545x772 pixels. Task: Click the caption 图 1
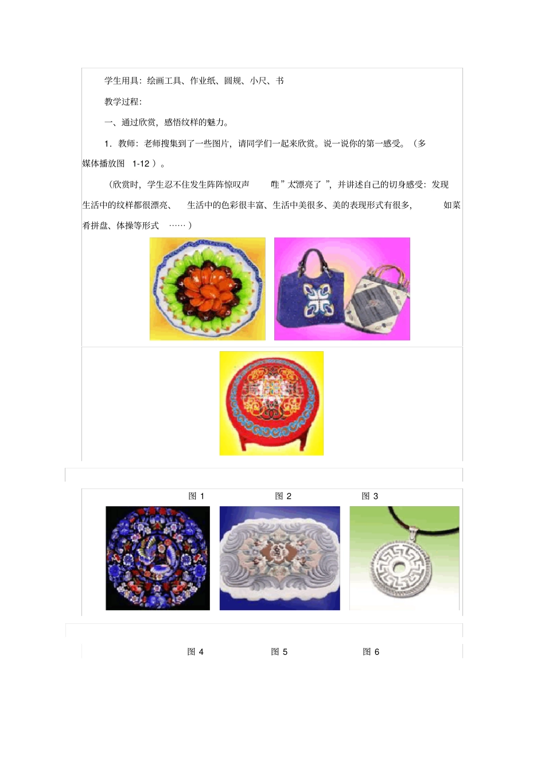click(x=196, y=496)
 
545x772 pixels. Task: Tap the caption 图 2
click(x=283, y=496)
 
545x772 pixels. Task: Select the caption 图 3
click(x=369, y=496)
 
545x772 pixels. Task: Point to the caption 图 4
click(x=195, y=651)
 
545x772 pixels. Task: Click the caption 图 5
click(x=279, y=651)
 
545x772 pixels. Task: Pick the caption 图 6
click(x=371, y=651)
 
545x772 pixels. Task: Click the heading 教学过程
click(x=122, y=102)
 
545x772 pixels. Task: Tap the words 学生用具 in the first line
click(x=121, y=81)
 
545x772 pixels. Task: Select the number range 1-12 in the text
click(x=141, y=164)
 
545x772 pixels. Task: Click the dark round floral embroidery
click(x=158, y=558)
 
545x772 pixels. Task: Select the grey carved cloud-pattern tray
click(x=280, y=558)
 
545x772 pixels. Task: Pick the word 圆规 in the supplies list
click(x=232, y=81)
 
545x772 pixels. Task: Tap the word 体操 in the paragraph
click(x=125, y=226)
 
